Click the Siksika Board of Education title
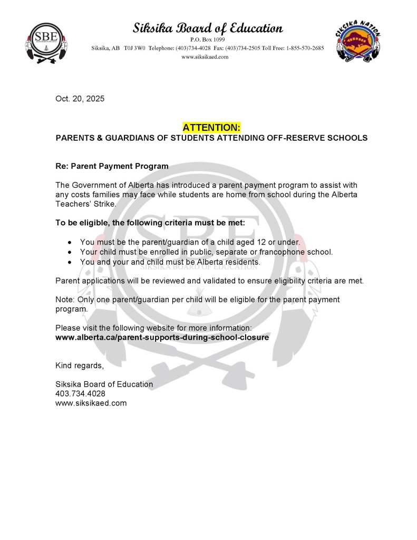208,28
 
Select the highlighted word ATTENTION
211,127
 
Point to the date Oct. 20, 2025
80,99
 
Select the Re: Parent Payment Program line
112,166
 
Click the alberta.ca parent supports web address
162,337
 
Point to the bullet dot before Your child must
70,252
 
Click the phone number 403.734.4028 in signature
80,393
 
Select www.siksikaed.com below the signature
91,403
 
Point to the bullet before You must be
70,243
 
